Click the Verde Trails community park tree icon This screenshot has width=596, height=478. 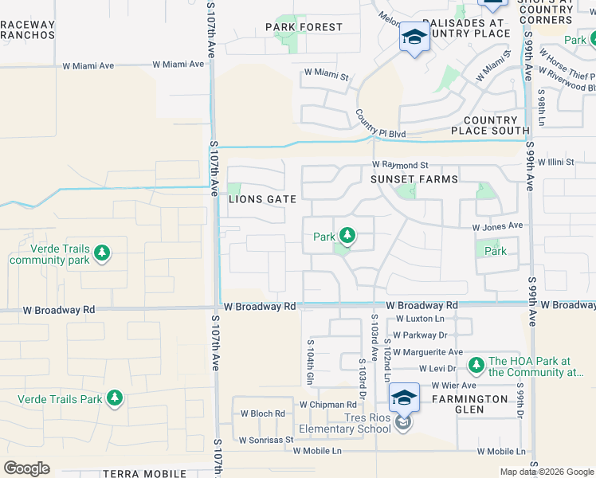click(101, 253)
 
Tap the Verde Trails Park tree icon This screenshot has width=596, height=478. click(115, 398)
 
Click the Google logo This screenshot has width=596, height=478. click(26, 468)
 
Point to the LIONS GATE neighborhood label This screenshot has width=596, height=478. click(263, 199)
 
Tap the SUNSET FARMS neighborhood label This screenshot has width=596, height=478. click(414, 179)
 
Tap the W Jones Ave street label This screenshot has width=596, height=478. click(497, 226)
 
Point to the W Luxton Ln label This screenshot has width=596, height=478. click(420, 319)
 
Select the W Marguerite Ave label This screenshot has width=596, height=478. click(429, 351)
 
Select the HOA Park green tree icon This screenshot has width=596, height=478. click(476, 365)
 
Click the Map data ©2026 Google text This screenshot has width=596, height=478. click(546, 472)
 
